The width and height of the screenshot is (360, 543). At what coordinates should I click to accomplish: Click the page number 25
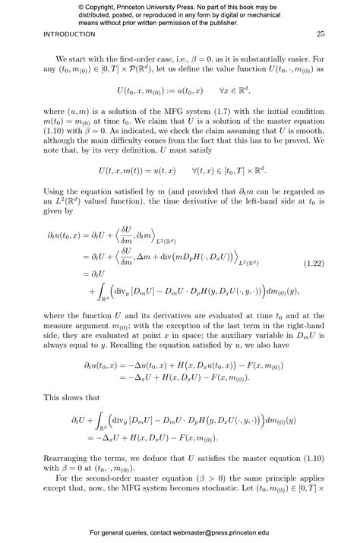point(321,35)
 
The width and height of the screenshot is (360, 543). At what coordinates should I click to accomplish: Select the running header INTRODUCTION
point(69,35)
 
